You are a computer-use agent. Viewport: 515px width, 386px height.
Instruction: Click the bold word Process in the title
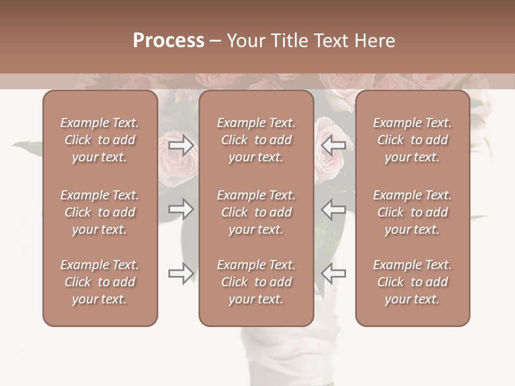pos(168,41)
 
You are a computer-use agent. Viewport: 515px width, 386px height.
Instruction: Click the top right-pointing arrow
pos(181,145)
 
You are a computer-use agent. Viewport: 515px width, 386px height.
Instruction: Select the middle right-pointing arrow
pos(181,209)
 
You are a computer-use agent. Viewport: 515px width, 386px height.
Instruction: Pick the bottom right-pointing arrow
pos(181,273)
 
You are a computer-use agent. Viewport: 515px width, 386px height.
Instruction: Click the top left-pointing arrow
pos(333,145)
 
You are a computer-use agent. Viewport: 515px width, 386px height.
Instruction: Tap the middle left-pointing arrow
pos(333,209)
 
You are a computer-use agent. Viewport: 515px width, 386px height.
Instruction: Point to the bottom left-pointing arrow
pos(333,273)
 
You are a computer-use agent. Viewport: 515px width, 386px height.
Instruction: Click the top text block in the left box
pos(100,140)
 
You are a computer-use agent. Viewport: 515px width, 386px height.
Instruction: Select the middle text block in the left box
pos(100,212)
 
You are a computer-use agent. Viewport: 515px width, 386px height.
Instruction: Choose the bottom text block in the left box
pos(100,282)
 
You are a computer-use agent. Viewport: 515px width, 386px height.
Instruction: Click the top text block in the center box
pos(256,140)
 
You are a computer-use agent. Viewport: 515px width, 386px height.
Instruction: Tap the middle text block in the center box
pos(256,212)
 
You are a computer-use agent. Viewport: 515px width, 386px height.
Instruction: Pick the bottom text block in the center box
pos(256,282)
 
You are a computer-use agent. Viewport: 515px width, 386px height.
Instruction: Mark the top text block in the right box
pos(412,140)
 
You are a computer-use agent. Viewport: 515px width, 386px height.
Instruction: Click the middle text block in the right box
pos(412,212)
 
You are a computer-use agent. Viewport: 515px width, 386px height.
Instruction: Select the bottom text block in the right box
pos(412,282)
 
